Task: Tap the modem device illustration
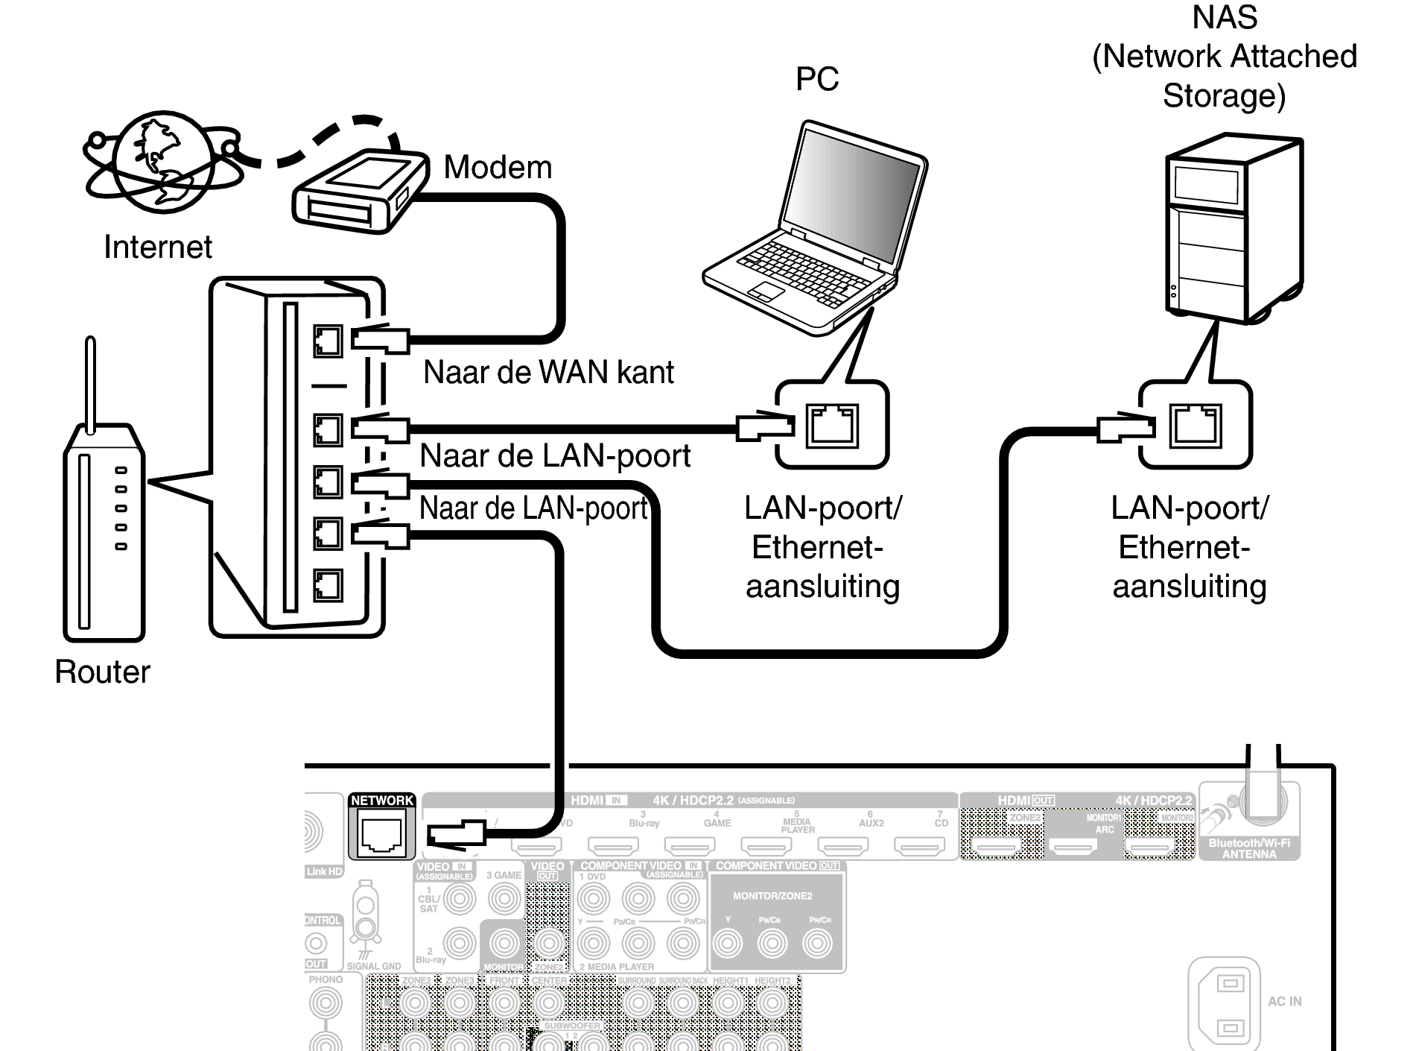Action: tap(360, 192)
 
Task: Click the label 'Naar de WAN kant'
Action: tap(547, 372)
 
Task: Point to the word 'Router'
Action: tap(102, 672)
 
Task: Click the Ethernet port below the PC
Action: tap(833, 426)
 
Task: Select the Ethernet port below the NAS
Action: tap(1196, 425)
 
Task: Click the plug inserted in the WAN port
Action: tap(381, 341)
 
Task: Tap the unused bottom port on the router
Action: tap(328, 585)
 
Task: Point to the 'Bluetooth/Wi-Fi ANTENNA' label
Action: tap(1249, 848)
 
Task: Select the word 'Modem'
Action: tap(498, 167)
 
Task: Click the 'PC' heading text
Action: tap(816, 79)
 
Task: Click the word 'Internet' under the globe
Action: tap(157, 247)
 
